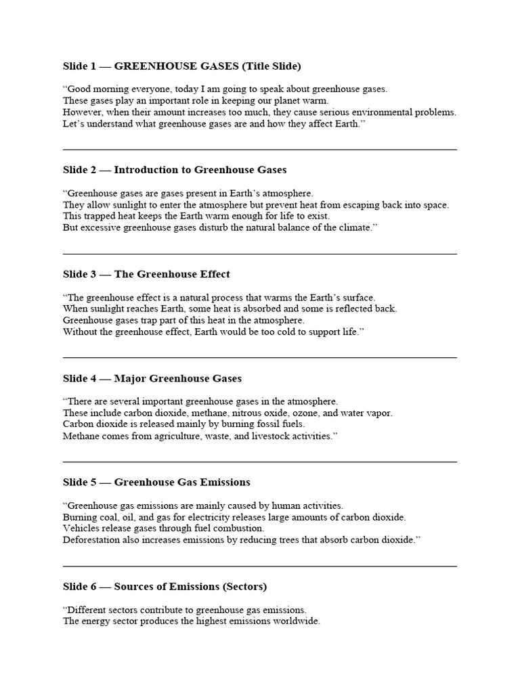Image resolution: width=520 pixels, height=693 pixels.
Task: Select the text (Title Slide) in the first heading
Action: pyautogui.click(x=267, y=66)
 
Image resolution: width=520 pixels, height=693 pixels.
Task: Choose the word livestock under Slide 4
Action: pyautogui.click(x=268, y=436)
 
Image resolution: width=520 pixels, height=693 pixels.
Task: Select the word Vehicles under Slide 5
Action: pyautogui.click(x=82, y=528)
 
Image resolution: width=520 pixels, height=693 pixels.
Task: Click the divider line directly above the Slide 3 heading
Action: pyautogui.click(x=259, y=254)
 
